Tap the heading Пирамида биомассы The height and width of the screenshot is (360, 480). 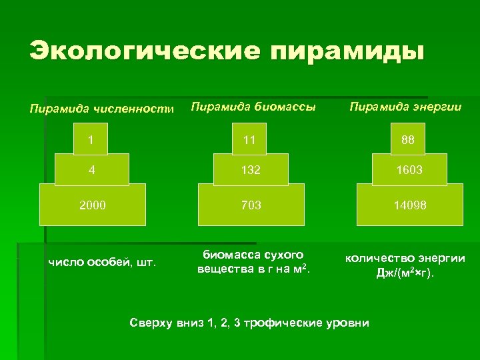pos(253,107)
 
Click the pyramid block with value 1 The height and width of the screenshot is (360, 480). pos(91,141)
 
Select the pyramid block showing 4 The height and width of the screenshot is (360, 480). pos(91,169)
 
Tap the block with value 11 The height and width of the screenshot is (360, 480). pos(250,141)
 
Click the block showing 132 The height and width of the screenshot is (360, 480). pos(250,169)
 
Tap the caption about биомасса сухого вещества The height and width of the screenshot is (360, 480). pos(253,262)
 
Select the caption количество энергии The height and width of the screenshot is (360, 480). pos(405,258)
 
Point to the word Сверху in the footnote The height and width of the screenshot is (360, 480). pos(151,323)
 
